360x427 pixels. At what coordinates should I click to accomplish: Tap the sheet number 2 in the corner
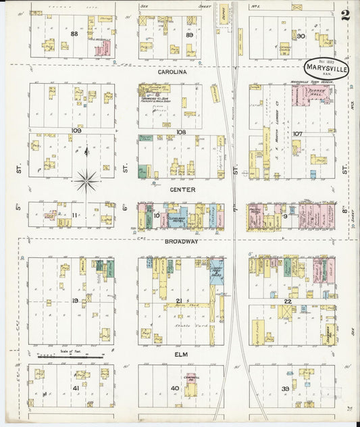[x=345, y=16]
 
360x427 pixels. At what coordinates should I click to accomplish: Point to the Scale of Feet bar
[x=70, y=355]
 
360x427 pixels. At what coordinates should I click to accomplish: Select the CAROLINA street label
[x=172, y=70]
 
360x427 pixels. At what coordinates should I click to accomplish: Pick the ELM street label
[x=180, y=354]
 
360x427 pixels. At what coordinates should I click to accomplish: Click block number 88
[x=74, y=34]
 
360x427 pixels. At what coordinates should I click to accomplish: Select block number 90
[x=301, y=36]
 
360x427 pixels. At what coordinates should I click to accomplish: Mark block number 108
[x=180, y=132]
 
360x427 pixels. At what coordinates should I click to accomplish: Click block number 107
[x=297, y=133]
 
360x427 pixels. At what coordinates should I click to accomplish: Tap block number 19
[x=76, y=299]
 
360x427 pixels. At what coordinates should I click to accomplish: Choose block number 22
[x=288, y=301]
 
